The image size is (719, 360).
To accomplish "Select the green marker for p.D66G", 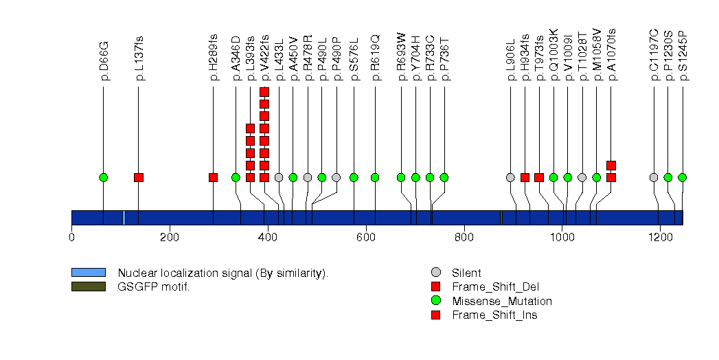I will (x=104, y=177).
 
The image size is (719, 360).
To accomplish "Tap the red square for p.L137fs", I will (x=139, y=177).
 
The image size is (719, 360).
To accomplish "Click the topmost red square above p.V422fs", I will (x=264, y=92).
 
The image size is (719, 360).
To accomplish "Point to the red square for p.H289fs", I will (x=213, y=177).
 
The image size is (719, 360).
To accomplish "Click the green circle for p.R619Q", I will (x=375, y=177).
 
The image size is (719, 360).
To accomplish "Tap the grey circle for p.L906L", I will (x=510, y=177).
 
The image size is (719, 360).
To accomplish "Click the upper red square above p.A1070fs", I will (x=611, y=165).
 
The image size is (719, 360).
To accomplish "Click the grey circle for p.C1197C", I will (x=654, y=177).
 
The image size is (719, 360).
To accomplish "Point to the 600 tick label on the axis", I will (x=366, y=238).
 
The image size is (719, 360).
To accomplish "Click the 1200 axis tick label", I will (x=660, y=238).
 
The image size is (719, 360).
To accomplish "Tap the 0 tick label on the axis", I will (x=71, y=238).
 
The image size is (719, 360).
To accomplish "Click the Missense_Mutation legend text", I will (x=502, y=301).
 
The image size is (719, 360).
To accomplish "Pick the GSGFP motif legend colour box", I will (x=88, y=286).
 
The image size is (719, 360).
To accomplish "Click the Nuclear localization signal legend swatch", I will (x=88, y=273).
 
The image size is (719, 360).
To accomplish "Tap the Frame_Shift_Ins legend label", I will (x=494, y=315).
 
